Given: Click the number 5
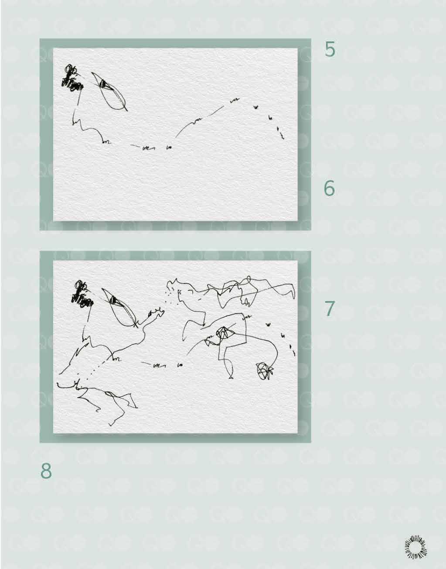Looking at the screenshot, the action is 330,49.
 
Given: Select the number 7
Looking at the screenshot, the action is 330,308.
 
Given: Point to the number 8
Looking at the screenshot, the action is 46,471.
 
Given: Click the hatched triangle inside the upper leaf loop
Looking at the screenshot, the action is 105,84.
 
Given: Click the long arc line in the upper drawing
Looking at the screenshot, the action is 199,120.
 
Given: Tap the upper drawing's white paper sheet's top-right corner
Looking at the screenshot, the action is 298,48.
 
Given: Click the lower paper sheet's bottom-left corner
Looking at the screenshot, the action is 53,433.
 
